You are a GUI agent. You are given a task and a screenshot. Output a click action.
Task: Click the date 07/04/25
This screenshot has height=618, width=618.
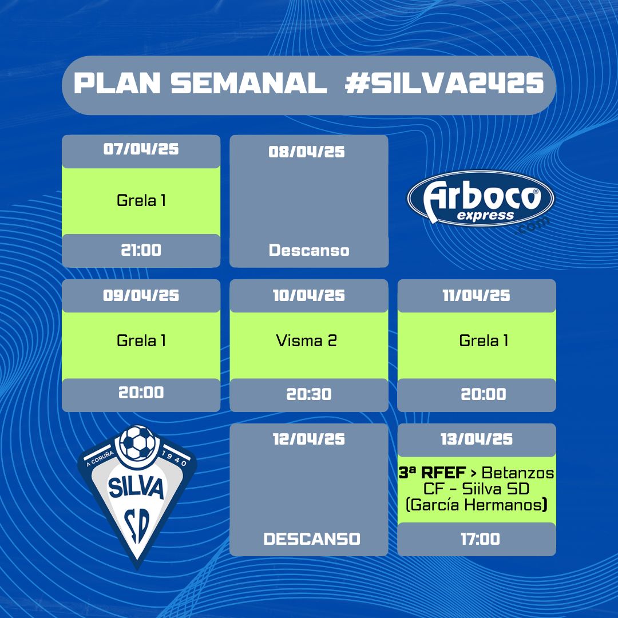click(x=141, y=149)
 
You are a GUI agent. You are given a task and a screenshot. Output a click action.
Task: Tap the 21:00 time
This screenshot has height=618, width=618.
click(x=141, y=250)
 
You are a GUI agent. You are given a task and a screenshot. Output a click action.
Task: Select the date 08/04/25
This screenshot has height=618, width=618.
click(x=307, y=152)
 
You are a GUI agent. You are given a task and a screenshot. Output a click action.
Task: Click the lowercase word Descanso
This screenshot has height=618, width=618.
click(x=309, y=250)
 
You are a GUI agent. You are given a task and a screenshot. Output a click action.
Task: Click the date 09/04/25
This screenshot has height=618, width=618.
click(x=141, y=296)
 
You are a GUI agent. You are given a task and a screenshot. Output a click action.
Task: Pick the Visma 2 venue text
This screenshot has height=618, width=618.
click(x=307, y=340)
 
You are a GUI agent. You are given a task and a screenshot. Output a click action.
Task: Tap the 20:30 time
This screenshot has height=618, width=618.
click(x=309, y=394)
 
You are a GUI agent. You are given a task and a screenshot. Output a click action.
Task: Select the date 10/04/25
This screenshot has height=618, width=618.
click(x=309, y=296)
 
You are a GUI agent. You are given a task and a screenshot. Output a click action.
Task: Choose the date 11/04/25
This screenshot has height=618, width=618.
click(x=477, y=296)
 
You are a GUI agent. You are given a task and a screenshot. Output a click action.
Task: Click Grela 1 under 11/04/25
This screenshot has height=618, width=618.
click(x=484, y=340)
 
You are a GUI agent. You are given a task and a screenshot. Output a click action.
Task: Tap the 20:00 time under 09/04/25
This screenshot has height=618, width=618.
click(x=141, y=393)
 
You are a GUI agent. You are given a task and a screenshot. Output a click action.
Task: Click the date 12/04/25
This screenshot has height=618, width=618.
click(x=309, y=439)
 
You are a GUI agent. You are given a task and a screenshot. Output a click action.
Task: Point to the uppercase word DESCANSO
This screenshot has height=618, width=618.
click(x=312, y=539)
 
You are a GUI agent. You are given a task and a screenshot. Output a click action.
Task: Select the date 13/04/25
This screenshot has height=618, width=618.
click(x=477, y=439)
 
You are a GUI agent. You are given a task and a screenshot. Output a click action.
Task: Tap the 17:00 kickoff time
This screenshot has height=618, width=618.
click(x=481, y=539)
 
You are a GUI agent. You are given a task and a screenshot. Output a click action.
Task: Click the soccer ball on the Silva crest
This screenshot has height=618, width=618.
click(x=137, y=442)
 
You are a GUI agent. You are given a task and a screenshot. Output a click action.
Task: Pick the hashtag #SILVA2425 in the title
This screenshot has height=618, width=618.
click(x=444, y=84)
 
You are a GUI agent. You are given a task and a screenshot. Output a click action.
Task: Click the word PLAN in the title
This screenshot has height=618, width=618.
click(x=117, y=84)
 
